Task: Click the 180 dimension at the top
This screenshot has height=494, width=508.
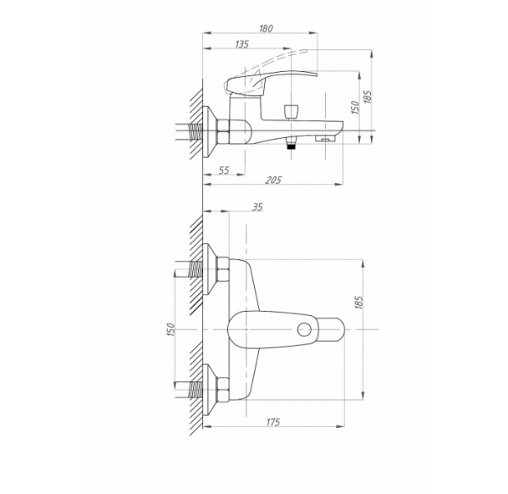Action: (265, 29)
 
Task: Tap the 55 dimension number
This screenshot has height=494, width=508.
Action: (224, 170)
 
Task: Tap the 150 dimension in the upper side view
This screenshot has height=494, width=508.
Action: (354, 107)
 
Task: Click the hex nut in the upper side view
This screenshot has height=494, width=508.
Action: (224, 134)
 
